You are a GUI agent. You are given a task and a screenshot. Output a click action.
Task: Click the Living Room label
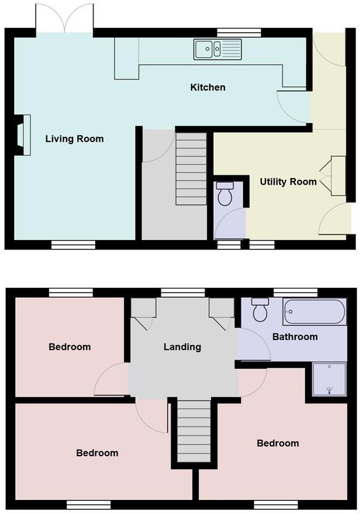[75, 139]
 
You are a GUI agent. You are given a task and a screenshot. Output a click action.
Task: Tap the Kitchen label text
[207, 88]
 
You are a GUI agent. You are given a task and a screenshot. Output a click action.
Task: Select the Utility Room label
[288, 182]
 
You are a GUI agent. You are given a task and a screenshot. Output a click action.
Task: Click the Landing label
[182, 347]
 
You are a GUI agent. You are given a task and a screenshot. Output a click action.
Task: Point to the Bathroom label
[295, 336]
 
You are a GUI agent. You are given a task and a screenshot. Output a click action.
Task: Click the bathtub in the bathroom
[314, 312]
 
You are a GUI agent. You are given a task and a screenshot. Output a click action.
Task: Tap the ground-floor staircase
[192, 168]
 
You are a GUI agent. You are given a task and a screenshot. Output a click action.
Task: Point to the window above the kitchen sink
[230, 33]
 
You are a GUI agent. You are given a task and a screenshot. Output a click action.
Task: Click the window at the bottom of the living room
[73, 245]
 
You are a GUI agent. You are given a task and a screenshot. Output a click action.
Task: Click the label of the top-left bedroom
[70, 347]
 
